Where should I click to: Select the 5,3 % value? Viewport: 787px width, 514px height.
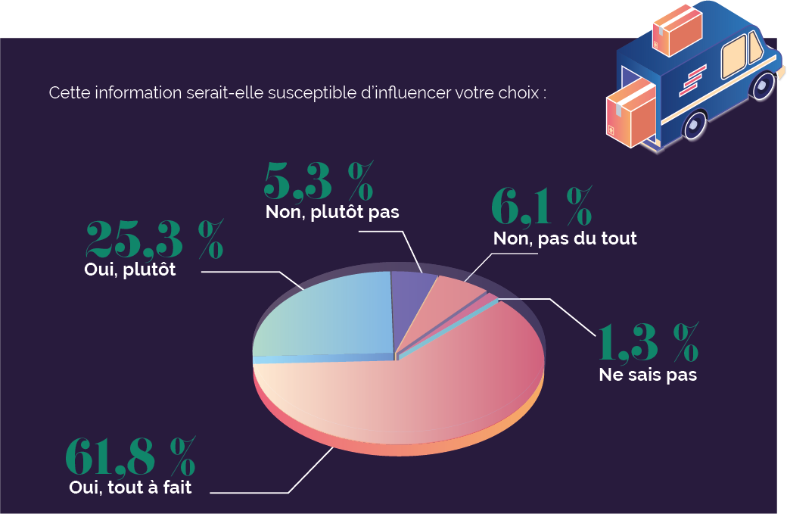click(x=319, y=180)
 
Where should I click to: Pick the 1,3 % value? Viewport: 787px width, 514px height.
click(x=649, y=342)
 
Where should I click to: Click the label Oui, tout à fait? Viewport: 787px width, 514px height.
click(x=130, y=488)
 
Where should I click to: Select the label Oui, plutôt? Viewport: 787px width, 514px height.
click(x=129, y=269)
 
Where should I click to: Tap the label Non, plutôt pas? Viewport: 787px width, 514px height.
click(x=332, y=212)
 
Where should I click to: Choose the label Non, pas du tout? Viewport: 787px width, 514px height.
click(x=565, y=238)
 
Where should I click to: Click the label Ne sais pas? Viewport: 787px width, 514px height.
click(x=647, y=374)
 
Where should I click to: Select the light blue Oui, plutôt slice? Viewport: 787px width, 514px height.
click(x=325, y=318)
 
